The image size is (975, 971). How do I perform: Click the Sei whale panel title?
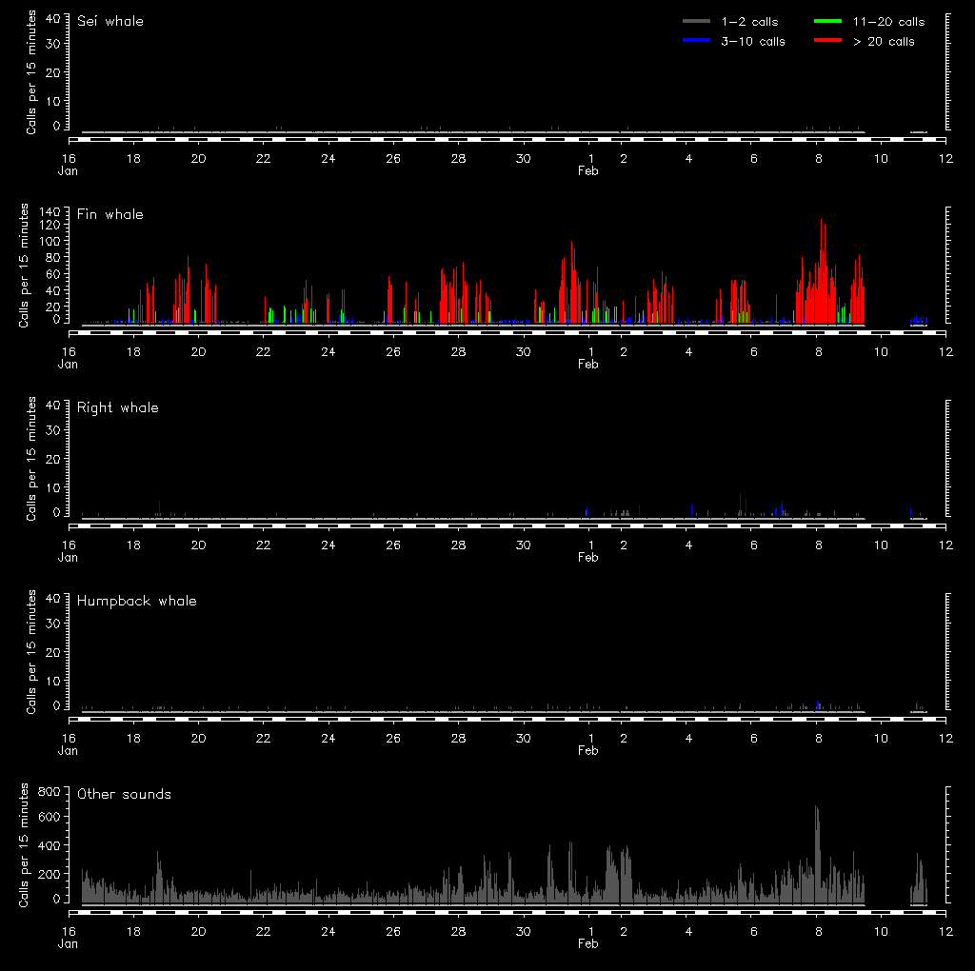tap(110, 21)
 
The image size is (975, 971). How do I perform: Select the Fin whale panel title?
tap(110, 214)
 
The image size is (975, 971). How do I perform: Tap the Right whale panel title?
tap(118, 407)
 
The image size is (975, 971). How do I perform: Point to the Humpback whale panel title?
tap(137, 601)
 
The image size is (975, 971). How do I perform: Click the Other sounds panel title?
tap(125, 794)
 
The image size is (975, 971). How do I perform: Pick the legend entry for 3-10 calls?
tap(734, 41)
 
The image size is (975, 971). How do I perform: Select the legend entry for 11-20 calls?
tap(869, 22)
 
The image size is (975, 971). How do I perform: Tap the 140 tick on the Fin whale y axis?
tap(50, 210)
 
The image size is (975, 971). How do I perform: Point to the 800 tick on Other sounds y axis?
tap(50, 791)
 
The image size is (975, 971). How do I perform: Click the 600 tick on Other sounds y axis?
tap(50, 817)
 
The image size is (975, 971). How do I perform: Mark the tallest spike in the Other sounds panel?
tap(816, 808)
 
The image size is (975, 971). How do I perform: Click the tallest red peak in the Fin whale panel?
tap(821, 221)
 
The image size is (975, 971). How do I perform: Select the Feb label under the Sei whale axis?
tap(588, 170)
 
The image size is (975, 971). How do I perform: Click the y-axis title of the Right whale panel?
tap(31, 459)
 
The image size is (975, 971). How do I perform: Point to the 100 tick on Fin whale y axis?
tap(50, 242)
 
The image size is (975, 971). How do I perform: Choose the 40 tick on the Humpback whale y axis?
tap(54, 598)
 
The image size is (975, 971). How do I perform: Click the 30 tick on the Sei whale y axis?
tap(54, 44)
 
